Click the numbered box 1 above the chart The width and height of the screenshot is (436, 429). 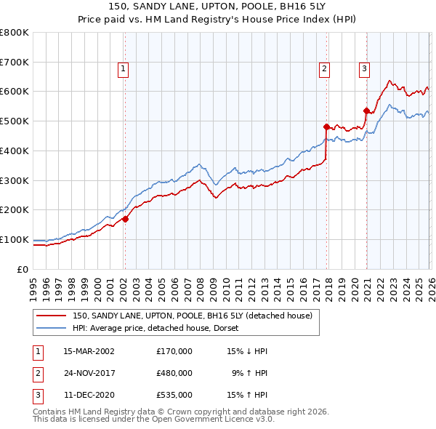pyautogui.click(x=124, y=69)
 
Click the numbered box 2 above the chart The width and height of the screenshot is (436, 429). pyautogui.click(x=324, y=69)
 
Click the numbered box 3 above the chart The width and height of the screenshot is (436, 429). pyautogui.click(x=363, y=69)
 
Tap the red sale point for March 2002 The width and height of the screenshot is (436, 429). pyautogui.click(x=125, y=218)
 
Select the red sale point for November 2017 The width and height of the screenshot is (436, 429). pyautogui.click(x=326, y=127)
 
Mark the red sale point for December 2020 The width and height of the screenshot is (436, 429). pyautogui.click(x=366, y=111)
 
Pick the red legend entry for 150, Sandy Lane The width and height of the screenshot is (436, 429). pyautogui.click(x=192, y=316)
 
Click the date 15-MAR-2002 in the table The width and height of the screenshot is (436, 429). pyautogui.click(x=89, y=351)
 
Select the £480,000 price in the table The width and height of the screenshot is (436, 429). pyautogui.click(x=174, y=373)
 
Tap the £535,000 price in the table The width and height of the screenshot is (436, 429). pyautogui.click(x=174, y=396)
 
